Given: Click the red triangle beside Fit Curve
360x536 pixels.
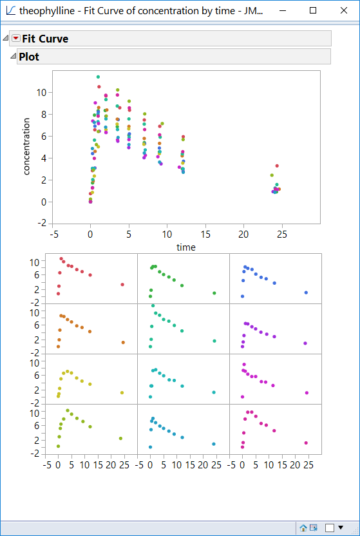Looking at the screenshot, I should pos(16,39).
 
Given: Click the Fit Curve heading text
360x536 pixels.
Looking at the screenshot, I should pos(45,39).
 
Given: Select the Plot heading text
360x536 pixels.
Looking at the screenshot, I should pos(29,57).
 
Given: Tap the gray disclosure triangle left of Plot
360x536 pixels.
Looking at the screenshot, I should pos(12,57).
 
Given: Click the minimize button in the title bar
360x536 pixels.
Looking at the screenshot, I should pos(283,11).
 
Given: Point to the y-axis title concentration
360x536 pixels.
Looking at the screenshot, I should pos(27,146).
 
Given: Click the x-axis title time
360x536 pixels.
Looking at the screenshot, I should pos(185,247).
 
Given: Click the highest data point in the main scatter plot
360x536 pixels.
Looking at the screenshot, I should pos(97,77).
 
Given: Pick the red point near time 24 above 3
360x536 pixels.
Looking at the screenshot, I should pos(277,166).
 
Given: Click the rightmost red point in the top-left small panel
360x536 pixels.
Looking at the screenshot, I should pos(122,285).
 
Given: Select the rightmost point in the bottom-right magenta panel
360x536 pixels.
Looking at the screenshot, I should pos(306,443).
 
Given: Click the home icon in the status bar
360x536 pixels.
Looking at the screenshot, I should pos(303,528).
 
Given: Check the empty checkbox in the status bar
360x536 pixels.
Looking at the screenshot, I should pos(330,528).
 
